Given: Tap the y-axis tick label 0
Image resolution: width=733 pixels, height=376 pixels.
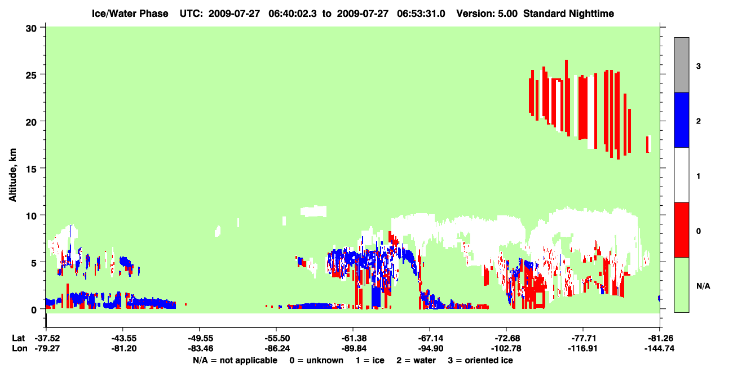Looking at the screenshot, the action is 34,310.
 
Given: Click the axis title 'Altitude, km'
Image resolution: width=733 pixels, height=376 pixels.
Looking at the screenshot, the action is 12,175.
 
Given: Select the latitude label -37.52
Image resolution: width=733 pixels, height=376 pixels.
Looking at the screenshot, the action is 47,338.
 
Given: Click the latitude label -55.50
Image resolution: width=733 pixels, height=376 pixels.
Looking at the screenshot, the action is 277,338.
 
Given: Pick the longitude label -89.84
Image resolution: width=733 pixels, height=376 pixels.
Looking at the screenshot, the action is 354,348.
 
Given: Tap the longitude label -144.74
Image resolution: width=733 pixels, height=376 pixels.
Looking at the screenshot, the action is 659,348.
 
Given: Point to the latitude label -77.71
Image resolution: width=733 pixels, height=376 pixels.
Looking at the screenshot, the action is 584,338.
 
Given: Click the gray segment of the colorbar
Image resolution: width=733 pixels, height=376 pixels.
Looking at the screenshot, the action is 682,65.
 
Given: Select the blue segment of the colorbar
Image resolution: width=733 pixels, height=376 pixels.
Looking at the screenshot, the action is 682,120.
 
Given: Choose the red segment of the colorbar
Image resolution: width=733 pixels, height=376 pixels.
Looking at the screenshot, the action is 682,230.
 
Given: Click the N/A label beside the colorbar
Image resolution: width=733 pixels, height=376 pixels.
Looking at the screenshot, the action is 703,286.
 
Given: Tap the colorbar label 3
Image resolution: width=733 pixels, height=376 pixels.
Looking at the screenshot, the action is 699,66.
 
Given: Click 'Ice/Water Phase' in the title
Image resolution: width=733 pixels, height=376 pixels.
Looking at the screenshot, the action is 130,14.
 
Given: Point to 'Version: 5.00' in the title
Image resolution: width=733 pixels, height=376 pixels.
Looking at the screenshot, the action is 487,14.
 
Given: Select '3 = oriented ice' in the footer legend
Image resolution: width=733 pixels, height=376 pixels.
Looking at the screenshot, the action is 480,360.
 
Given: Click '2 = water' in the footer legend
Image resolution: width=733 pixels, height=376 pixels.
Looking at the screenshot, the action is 416,360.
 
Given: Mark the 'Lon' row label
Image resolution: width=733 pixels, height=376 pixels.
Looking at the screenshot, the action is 19,348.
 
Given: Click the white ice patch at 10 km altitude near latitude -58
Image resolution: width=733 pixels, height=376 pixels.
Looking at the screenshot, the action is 313,211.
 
